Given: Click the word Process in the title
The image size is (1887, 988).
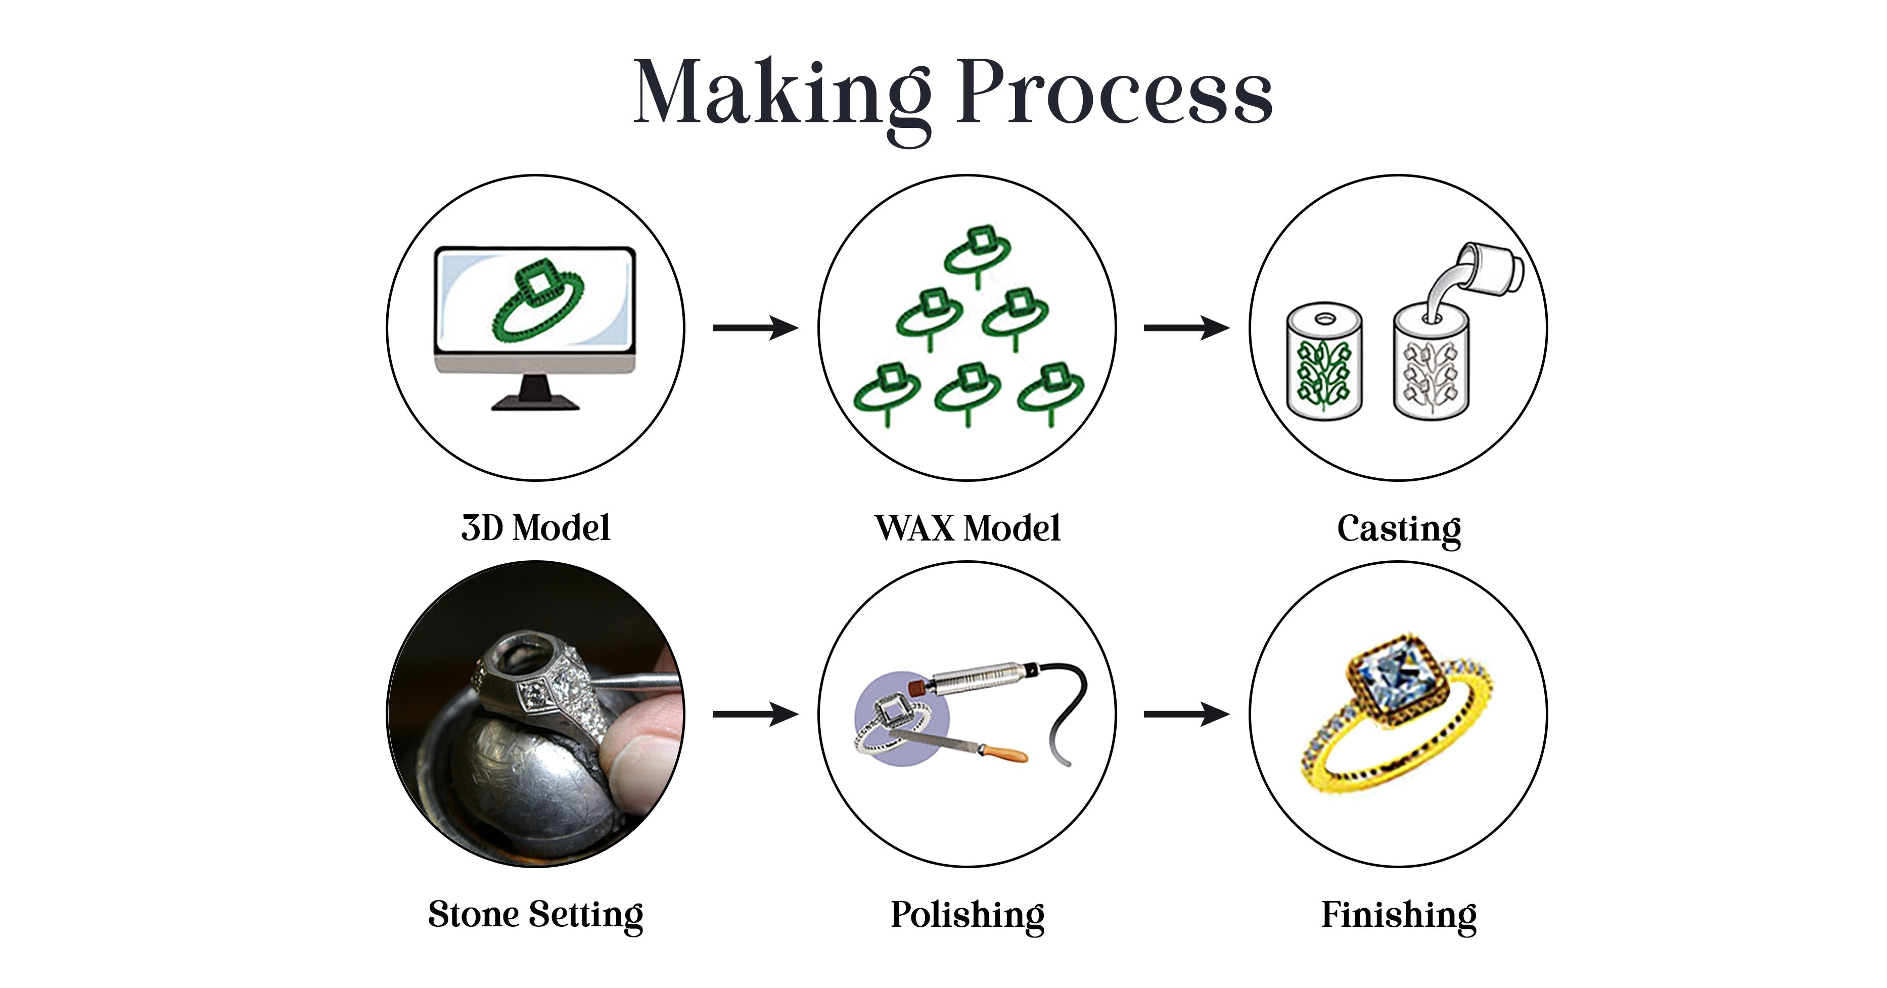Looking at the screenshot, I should [x=1114, y=94].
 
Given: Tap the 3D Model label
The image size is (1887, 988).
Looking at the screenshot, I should [x=535, y=528].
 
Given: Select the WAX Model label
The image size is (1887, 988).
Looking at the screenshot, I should [x=967, y=528].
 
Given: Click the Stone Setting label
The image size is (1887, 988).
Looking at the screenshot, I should [x=535, y=915].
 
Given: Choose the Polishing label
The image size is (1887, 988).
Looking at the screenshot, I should [x=967, y=915].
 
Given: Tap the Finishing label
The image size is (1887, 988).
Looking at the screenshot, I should [x=1398, y=915].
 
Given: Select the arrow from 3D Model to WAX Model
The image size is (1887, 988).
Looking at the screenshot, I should [x=755, y=328].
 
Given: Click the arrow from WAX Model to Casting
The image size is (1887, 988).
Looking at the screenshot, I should [x=1186, y=328].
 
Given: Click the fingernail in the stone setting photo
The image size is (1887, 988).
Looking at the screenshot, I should [x=637, y=762].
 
